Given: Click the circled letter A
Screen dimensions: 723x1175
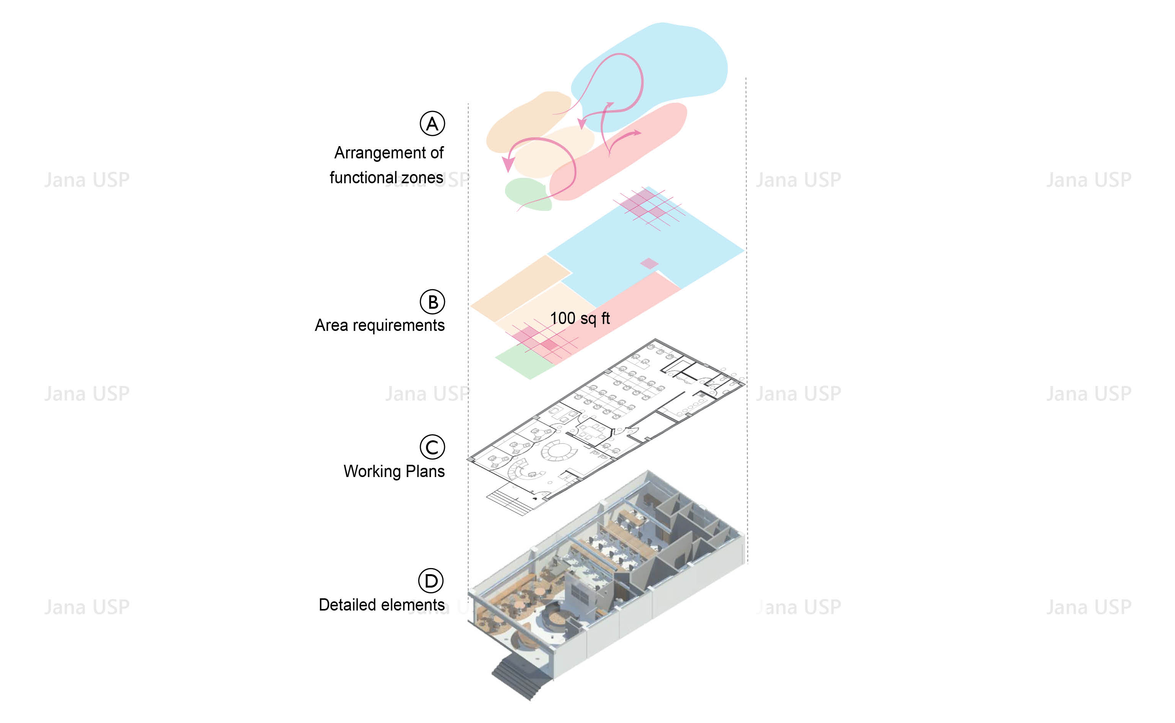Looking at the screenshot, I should (432, 124).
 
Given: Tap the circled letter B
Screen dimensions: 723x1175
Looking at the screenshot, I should (432, 302).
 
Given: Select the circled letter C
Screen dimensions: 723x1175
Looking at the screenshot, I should (432, 447).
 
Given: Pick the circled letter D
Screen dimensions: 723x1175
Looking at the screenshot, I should (431, 581).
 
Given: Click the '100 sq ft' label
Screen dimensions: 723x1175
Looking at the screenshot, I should (580, 318).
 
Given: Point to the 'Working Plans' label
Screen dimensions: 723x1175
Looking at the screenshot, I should (394, 471).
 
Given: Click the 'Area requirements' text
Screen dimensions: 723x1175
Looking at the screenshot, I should (379, 325).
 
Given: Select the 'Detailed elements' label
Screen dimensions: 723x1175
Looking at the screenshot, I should (381, 605).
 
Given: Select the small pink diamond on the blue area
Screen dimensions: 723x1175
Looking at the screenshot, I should (649, 263).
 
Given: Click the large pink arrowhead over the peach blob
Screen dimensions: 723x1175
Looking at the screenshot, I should (508, 164).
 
